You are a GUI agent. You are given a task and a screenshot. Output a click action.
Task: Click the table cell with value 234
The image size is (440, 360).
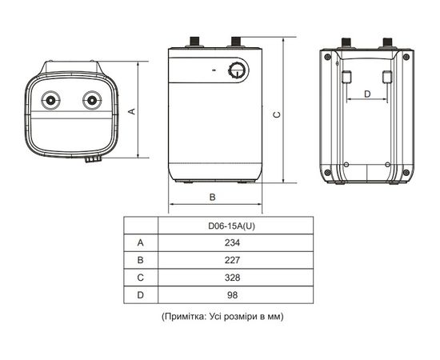(233, 242)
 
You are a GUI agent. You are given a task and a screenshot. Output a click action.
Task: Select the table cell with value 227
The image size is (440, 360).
(233, 259)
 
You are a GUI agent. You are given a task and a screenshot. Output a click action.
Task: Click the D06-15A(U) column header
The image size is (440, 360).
(233, 224)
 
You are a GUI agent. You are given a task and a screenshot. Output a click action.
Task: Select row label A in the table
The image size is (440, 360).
(141, 242)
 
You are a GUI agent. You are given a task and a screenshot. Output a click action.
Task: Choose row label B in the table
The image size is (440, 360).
(141, 259)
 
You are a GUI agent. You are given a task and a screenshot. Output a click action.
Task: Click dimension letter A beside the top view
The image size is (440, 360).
(133, 111)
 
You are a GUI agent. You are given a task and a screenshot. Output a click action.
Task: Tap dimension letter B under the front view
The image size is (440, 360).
(212, 196)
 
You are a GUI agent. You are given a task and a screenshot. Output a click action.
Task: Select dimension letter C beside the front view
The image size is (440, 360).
(276, 114)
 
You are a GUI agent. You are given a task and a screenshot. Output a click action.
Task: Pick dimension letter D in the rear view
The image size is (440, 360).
(367, 94)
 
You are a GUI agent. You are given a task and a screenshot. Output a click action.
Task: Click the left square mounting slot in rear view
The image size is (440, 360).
(348, 77)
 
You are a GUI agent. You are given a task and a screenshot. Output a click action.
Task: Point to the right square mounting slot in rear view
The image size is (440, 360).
(386, 77)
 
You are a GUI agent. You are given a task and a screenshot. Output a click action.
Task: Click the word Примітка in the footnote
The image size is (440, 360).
(186, 317)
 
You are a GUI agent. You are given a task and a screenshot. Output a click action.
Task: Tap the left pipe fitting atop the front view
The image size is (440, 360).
(194, 40)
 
